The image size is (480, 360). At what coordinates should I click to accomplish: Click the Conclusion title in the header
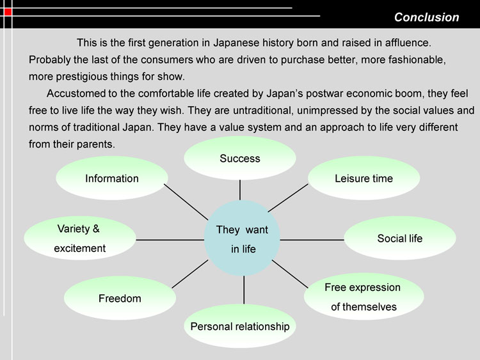(x=426, y=17)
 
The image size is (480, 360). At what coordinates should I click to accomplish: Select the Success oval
(x=240, y=158)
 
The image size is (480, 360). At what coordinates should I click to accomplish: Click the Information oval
(x=112, y=178)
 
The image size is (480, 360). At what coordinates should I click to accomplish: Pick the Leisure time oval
(x=364, y=178)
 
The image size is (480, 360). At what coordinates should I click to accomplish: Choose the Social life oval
(x=400, y=239)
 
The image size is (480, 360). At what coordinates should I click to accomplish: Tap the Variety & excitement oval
(x=79, y=239)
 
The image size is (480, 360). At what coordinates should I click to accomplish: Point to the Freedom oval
(x=120, y=299)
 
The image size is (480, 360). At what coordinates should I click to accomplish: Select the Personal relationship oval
(x=240, y=326)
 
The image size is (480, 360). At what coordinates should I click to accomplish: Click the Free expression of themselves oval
(x=364, y=297)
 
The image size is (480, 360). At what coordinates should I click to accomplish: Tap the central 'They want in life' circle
(x=243, y=239)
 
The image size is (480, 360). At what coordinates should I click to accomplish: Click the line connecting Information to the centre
(x=186, y=201)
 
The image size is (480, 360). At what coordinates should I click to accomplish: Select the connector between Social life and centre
(x=312, y=239)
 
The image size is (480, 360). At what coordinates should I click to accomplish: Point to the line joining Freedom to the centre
(x=191, y=274)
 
